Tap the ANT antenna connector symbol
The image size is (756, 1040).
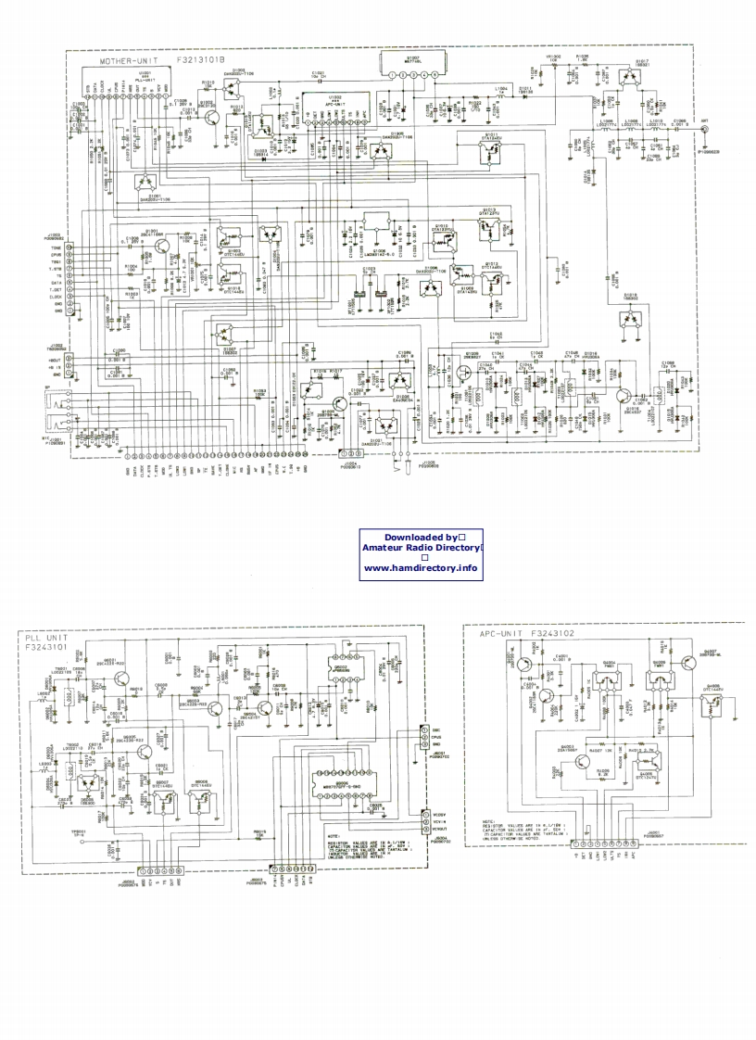(x=705, y=130)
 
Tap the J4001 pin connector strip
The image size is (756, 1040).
(x=604, y=843)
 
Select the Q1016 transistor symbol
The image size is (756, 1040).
(x=626, y=393)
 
